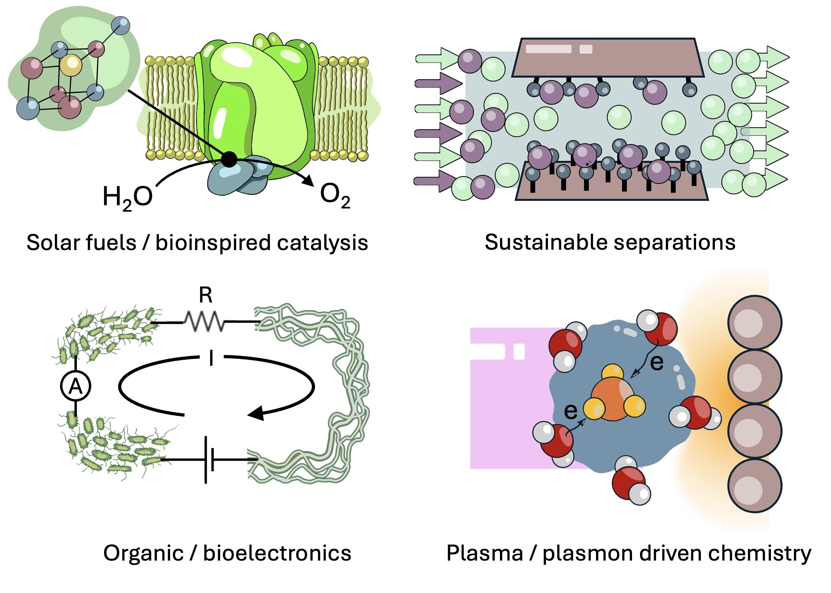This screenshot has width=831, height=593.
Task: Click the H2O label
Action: pyautogui.click(x=127, y=197)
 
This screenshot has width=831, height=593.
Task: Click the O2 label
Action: pyautogui.click(x=335, y=196)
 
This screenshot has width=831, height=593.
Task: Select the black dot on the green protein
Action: pyautogui.click(x=229, y=159)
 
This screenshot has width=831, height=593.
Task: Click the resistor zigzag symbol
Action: pyautogui.click(x=204, y=322)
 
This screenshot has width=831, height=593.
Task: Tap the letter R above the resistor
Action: pyautogui.click(x=205, y=296)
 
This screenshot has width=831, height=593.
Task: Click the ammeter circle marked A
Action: pyautogui.click(x=76, y=386)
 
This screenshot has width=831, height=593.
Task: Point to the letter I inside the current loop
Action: pyautogui.click(x=211, y=358)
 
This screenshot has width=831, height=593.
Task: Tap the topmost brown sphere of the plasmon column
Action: pyautogui.click(x=754, y=323)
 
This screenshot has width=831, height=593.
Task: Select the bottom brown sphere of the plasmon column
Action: pyautogui.click(x=754, y=485)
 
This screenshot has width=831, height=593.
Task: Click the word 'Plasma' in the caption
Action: pyautogui.click(x=485, y=553)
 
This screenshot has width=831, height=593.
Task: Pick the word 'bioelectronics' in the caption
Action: pyautogui.click(x=277, y=553)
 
